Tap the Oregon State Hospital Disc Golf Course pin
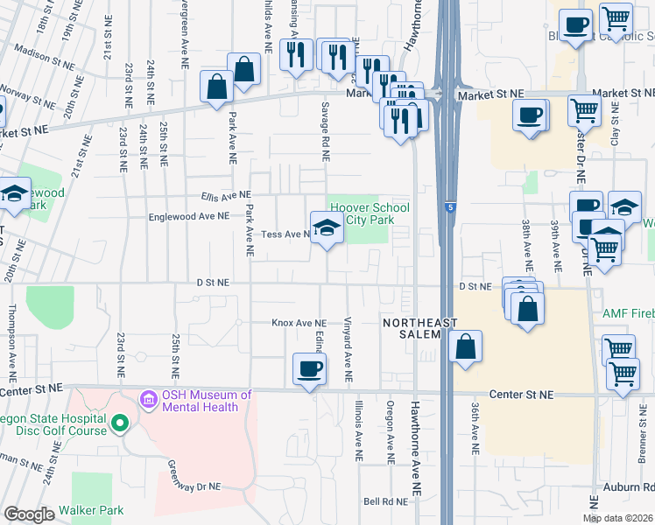(120, 424)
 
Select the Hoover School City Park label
(369, 213)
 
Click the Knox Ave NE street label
(299, 323)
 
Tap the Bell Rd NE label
(386, 501)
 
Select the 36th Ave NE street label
(474, 428)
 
